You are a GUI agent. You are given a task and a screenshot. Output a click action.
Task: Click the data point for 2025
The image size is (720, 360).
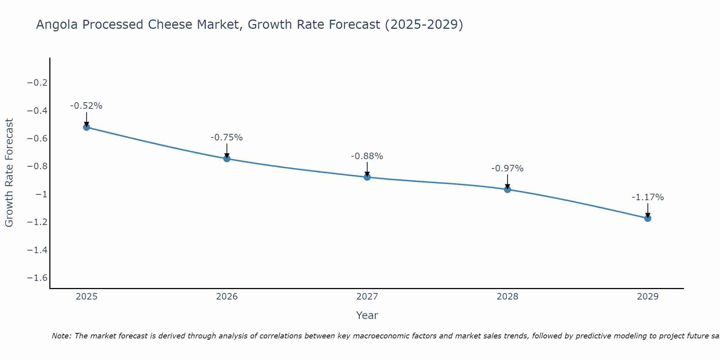tap(86, 127)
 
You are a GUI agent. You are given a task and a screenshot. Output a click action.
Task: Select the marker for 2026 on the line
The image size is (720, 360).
tap(227, 158)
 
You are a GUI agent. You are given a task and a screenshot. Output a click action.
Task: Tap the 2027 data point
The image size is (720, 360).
tap(367, 177)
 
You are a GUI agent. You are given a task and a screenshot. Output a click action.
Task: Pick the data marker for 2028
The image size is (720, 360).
tap(508, 189)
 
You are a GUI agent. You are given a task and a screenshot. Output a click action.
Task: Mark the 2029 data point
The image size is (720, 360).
tap(648, 218)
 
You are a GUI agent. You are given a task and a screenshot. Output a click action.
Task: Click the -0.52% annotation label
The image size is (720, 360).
tap(86, 106)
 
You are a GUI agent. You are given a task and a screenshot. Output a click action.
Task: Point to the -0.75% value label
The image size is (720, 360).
tap(227, 138)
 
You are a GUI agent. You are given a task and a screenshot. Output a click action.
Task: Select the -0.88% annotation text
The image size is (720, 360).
tap(367, 156)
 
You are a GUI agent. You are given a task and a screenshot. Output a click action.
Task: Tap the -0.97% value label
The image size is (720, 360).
tap(508, 168)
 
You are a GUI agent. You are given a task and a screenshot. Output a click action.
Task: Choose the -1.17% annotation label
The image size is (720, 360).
tap(648, 197)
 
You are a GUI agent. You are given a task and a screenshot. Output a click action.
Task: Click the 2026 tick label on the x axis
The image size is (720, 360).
tap(227, 297)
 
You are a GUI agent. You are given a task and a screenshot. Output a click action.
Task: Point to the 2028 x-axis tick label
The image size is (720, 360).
tap(508, 297)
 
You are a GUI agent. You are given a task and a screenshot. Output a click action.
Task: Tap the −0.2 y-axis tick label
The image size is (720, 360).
tap(37, 83)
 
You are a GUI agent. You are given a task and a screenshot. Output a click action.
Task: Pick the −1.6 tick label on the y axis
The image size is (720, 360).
tap(37, 278)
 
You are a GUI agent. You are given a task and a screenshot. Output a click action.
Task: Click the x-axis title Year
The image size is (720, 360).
tap(367, 315)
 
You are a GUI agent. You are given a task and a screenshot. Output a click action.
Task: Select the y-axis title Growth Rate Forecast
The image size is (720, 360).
tap(9, 173)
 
